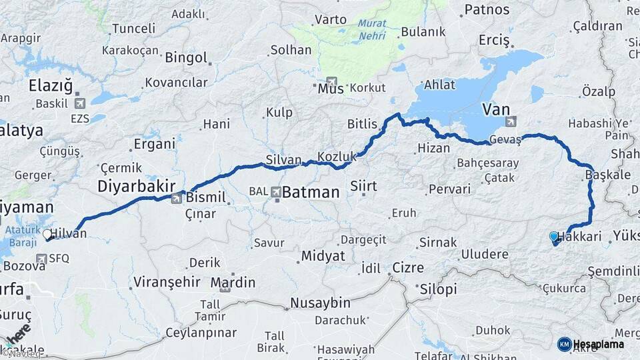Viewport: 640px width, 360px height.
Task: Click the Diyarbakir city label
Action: coord(136,186)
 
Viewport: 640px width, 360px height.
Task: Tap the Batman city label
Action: coord(311,193)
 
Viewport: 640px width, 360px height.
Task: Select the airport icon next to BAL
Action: coord(275,192)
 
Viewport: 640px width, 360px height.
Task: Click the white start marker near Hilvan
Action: coord(47,234)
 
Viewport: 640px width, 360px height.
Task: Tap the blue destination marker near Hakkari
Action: coord(553,236)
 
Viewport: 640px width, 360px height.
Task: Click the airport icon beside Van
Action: coord(511,121)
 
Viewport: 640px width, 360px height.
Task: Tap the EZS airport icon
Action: coord(81,103)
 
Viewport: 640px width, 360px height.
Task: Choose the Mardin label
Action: coord(233,283)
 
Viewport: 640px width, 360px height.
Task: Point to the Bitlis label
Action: coord(362,124)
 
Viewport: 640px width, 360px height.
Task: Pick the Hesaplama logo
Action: coord(591,344)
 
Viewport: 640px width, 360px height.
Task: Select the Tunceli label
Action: coord(133,29)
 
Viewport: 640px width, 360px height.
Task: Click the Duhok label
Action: coord(493,330)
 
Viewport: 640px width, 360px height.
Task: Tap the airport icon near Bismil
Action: coord(177,198)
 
